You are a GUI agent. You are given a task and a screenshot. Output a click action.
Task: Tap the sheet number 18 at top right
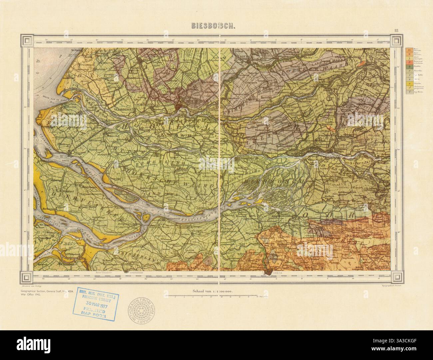396,31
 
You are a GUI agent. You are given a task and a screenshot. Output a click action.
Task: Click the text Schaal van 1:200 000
212,291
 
